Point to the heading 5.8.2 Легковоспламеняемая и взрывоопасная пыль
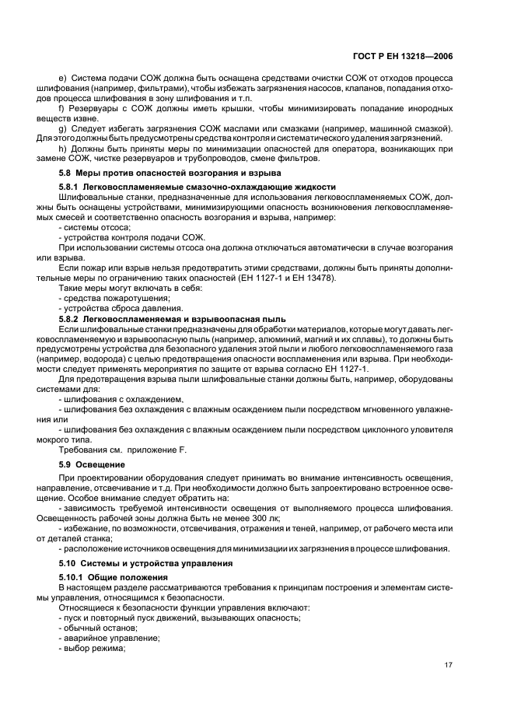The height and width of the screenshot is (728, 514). point(172,319)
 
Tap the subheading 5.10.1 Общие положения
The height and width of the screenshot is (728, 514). point(114,577)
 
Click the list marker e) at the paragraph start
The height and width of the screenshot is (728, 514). point(63,79)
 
